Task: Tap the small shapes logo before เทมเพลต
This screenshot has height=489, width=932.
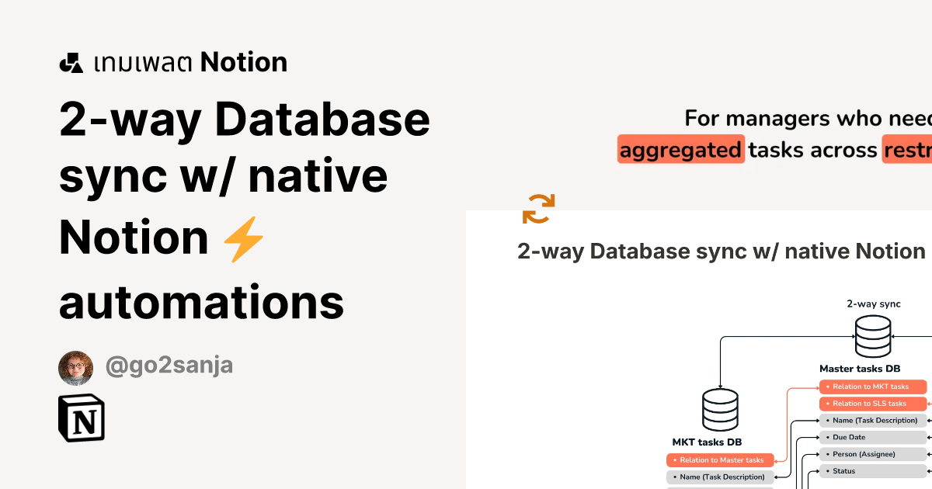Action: click(71, 63)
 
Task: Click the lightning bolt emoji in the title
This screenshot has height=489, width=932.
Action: click(244, 238)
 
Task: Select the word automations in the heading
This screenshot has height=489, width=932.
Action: click(202, 301)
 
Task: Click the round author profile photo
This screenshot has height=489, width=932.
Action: click(75, 368)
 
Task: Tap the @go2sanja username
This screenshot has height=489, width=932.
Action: click(169, 366)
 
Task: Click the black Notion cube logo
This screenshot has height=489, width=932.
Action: click(82, 418)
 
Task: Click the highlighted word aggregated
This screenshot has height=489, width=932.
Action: click(681, 150)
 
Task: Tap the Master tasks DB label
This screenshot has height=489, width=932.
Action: click(860, 369)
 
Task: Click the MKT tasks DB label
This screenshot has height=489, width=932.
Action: click(708, 442)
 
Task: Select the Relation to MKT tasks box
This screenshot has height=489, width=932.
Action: click(873, 387)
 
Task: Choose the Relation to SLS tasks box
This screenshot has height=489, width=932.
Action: click(873, 404)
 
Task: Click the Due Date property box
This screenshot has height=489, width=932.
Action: click(873, 437)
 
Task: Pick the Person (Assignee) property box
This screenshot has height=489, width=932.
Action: click(873, 454)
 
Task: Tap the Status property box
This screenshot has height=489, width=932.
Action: click(873, 471)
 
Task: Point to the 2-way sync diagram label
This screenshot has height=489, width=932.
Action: click(873, 303)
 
